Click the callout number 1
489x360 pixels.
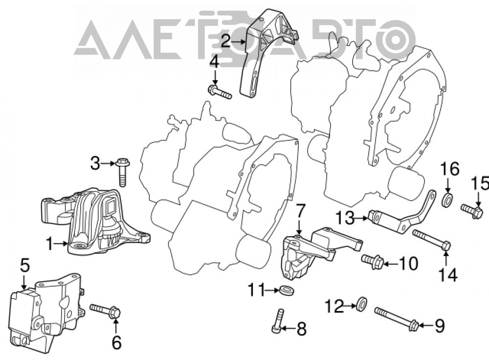click(50, 244)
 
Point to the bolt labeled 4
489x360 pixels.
click(220, 92)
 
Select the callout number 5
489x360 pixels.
click(25, 265)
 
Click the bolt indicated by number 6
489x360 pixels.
click(106, 311)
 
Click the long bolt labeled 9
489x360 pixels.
click(396, 318)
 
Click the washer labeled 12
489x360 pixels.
click(362, 304)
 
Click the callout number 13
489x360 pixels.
click(345, 218)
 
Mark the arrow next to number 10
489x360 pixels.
click(390, 265)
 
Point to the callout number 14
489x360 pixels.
click(448, 275)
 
